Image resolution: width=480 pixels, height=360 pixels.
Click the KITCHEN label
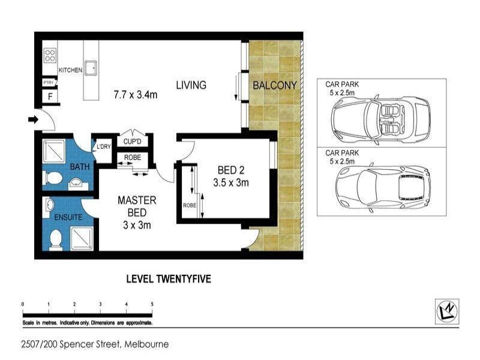pyautogui.click(x=70, y=70)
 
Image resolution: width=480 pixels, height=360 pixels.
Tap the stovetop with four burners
pyautogui.click(x=50, y=56)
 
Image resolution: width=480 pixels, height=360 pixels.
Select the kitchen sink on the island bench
pyautogui.click(x=91, y=68)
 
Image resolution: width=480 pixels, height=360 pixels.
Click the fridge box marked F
pyautogui.click(x=50, y=97)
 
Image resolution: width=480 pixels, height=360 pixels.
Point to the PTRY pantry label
pyautogui.click(x=49, y=83)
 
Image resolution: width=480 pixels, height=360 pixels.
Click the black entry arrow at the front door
pyautogui.click(x=33, y=119)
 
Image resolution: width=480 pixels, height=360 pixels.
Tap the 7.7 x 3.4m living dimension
pyautogui.click(x=136, y=95)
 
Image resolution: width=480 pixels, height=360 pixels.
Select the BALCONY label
pyautogui.click(x=275, y=85)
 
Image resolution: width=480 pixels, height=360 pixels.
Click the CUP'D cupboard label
pyautogui.click(x=132, y=142)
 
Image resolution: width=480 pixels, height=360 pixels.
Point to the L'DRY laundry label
pyautogui.click(x=103, y=146)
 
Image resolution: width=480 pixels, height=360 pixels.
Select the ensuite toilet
pyautogui.click(x=56, y=239)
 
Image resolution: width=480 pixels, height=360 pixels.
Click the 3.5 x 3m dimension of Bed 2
pyautogui.click(x=231, y=183)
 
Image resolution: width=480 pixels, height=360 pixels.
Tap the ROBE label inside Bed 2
pyautogui.click(x=190, y=205)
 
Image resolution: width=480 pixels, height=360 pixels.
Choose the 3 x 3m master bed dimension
pyautogui.click(x=137, y=226)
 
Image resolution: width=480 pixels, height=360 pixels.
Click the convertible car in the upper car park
pyautogui.click(x=381, y=119)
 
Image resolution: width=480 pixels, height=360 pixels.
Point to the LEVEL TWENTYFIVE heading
pyautogui.click(x=169, y=279)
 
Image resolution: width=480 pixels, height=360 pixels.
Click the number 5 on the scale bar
pyautogui.click(x=152, y=304)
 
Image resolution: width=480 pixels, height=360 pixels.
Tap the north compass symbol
pyautogui.click(x=447, y=311)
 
